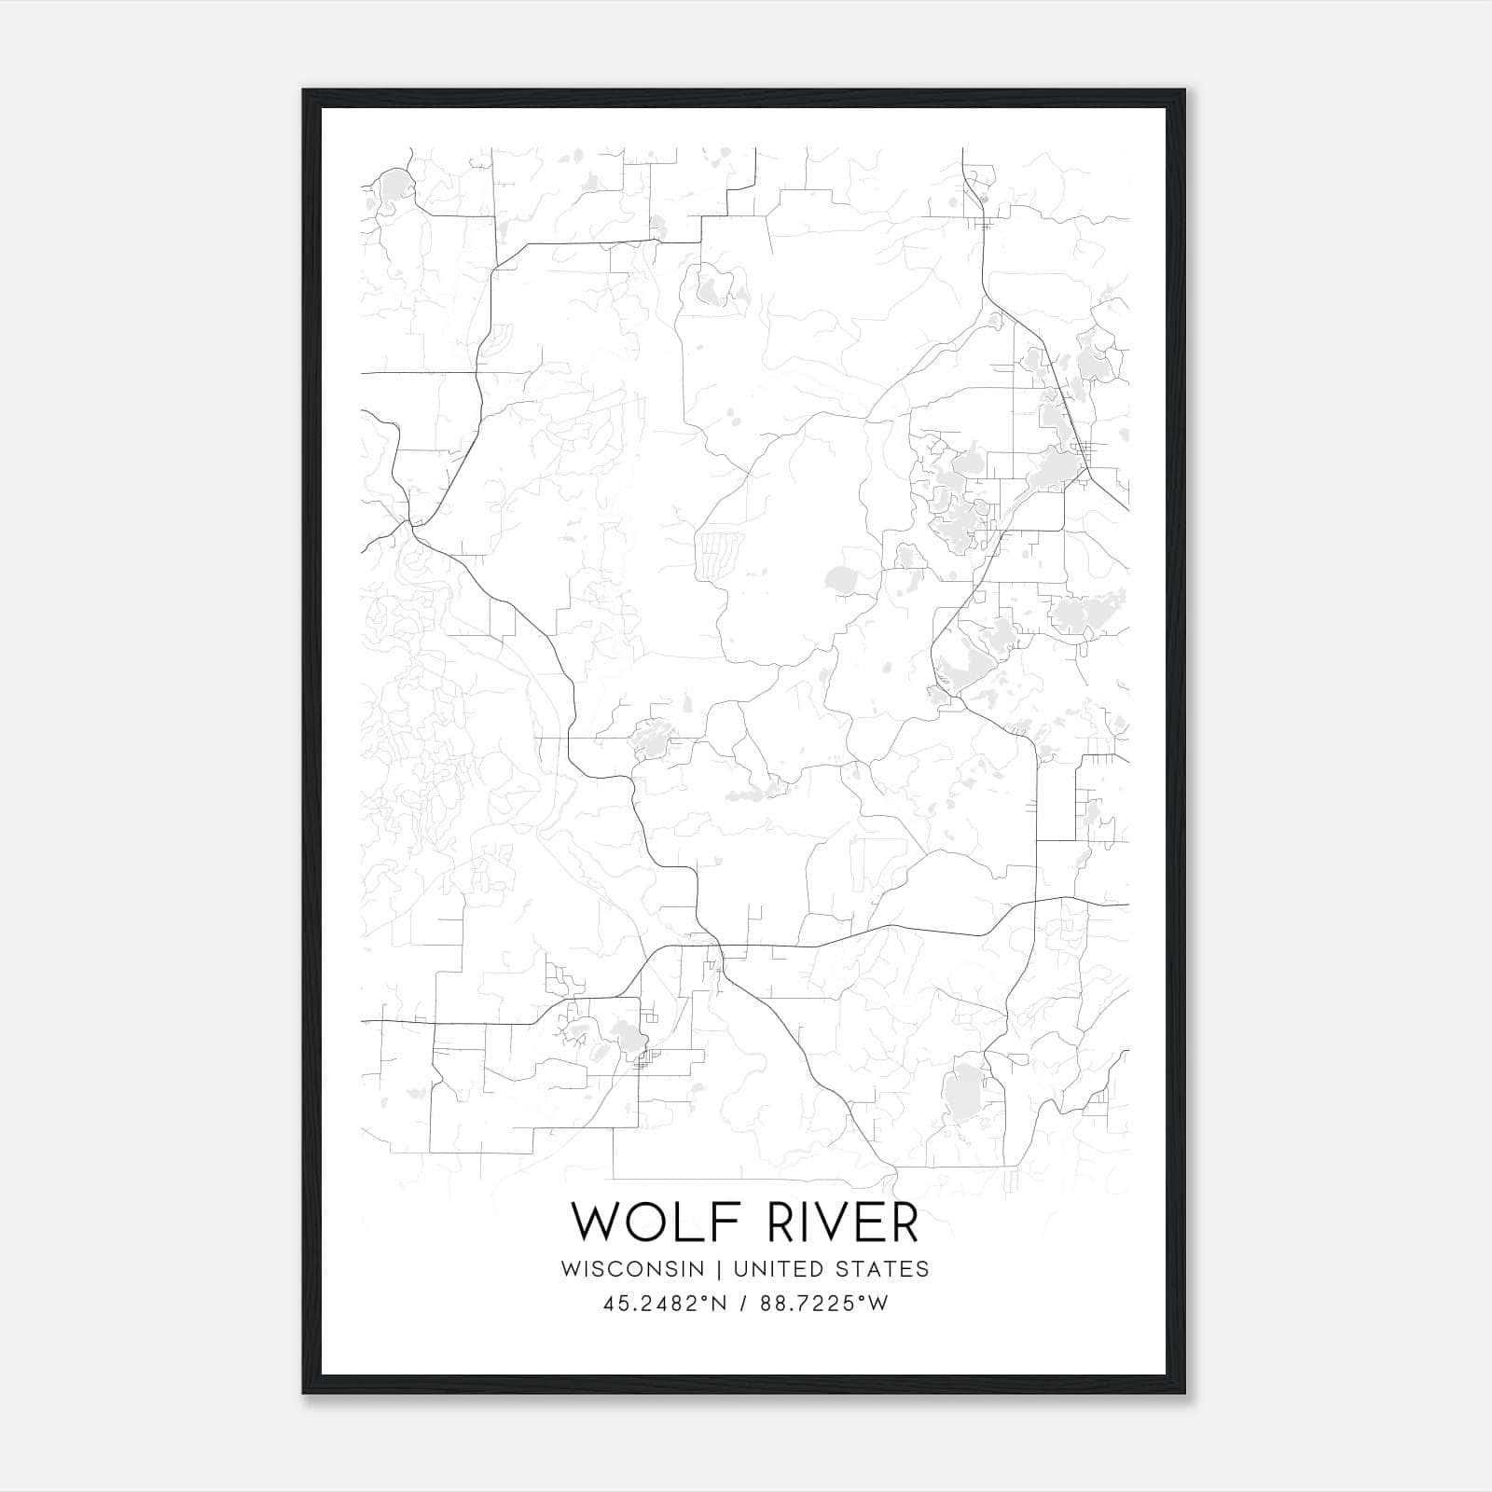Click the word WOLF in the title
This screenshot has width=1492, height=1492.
tap(642, 1222)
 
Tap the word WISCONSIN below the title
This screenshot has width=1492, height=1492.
tap(631, 1268)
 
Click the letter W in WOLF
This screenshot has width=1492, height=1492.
tap(593, 1222)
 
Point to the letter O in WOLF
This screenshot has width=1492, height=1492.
tap(646, 1222)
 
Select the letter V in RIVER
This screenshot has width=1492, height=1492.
tap(835, 1222)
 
